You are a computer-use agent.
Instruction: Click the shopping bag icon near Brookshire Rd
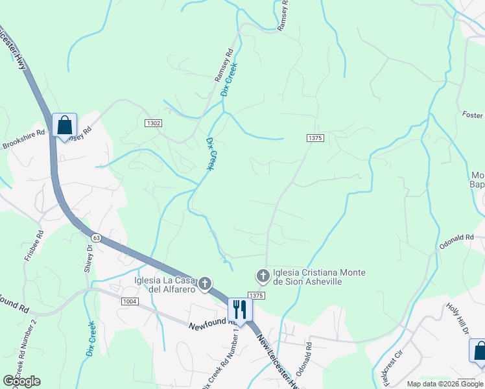64,124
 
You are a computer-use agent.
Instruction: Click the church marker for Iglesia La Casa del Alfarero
205,283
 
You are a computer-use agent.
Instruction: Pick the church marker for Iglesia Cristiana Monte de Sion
263,277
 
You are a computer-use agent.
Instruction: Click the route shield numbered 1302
153,123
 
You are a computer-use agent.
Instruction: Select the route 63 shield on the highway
96,238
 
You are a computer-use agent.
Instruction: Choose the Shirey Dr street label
89,259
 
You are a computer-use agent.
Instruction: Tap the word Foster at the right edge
473,115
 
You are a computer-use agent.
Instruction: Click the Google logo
21,381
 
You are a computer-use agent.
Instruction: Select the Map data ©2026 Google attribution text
444,384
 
